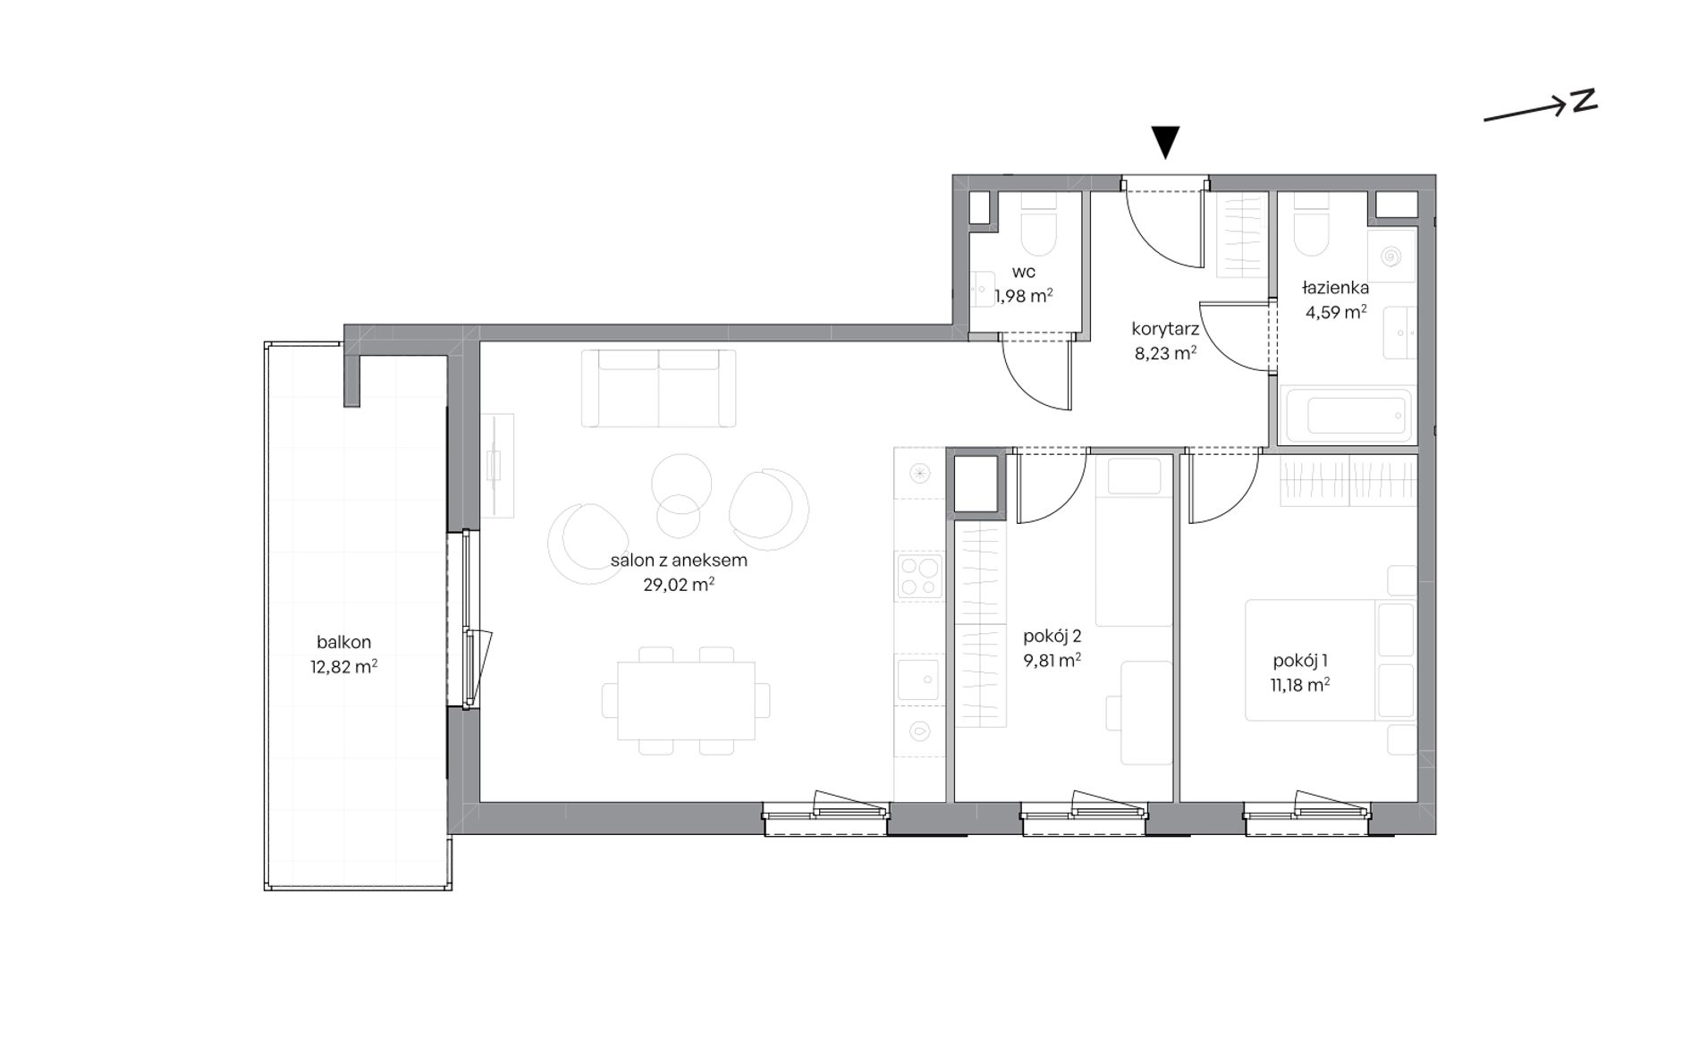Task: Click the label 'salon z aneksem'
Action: [x=679, y=561]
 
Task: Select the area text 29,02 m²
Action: [x=679, y=586]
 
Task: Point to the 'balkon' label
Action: [x=343, y=642]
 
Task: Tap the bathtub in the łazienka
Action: [x=1346, y=415]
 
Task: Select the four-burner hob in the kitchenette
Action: [x=919, y=576]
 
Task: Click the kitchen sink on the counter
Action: [x=919, y=677]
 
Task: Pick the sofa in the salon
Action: [x=658, y=388]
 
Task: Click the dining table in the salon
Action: [x=686, y=700]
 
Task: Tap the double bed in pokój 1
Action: [x=1331, y=660]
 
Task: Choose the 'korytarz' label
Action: [x=1165, y=328]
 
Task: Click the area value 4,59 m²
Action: [x=1336, y=313]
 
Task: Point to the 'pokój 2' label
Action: [x=1052, y=637]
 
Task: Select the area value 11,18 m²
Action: [x=1300, y=685]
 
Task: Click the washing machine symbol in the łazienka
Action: [x=1390, y=257]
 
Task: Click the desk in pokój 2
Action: [x=1146, y=713]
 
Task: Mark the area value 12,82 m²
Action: [x=343, y=667]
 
